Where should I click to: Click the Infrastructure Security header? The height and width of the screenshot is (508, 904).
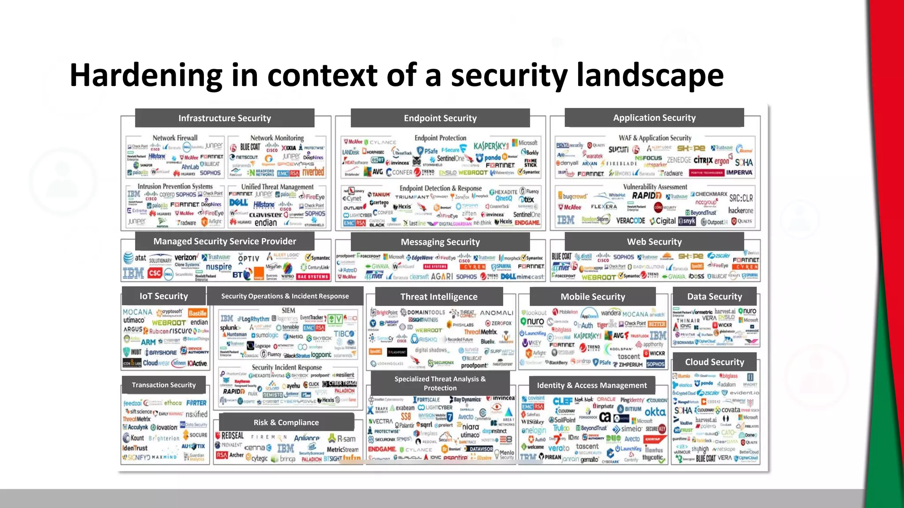coord(224,118)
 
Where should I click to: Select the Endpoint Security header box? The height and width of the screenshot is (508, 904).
coord(440,118)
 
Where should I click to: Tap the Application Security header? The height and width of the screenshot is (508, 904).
coord(654,118)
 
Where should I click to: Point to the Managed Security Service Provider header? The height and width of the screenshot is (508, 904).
coord(225,241)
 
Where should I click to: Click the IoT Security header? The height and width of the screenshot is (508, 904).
coord(164,296)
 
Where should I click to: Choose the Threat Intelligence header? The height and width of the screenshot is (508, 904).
coord(439,297)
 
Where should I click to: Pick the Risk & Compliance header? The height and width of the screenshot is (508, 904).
coord(286,422)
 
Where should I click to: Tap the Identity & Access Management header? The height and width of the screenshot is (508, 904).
coord(592,385)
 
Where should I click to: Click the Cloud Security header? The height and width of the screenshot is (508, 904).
coord(714,362)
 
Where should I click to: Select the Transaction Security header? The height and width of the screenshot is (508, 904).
coord(164,385)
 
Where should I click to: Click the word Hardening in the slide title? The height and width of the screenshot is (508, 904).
coord(146,75)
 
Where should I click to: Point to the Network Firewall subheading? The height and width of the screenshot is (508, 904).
coord(175,138)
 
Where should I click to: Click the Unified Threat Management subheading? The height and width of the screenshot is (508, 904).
coord(277,187)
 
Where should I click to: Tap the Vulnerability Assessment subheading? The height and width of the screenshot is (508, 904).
coord(655,187)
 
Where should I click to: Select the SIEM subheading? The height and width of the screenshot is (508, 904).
coord(288,310)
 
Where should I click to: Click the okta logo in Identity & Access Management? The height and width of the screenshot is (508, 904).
coord(655,412)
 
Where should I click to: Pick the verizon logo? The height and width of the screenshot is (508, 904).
coord(185,258)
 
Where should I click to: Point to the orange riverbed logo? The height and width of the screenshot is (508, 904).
coord(313,172)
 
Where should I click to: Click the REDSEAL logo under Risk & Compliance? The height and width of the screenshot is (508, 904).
coord(230,436)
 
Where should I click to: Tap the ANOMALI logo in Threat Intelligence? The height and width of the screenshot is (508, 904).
coord(497,313)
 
